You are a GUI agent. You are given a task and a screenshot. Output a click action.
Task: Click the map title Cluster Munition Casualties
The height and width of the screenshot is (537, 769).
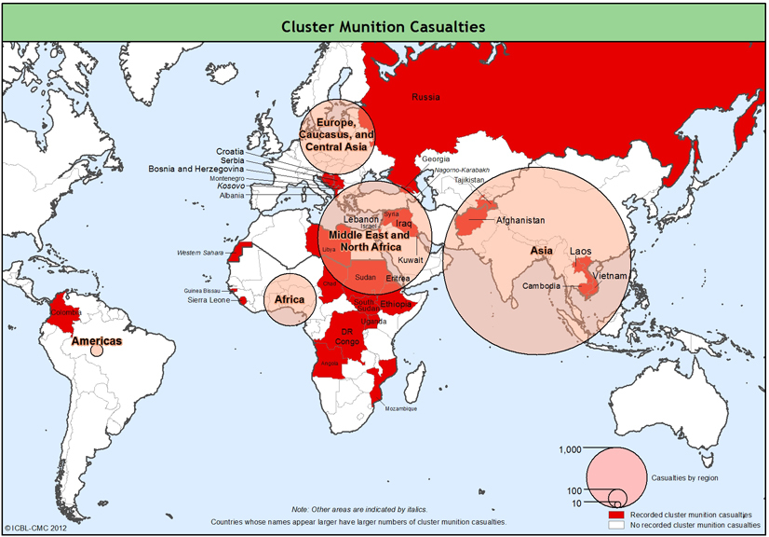pos(384,27)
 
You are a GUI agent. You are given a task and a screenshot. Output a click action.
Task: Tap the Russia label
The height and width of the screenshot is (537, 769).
pos(425,97)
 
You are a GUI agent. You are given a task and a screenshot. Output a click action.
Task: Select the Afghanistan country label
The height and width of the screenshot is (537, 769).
pos(520,221)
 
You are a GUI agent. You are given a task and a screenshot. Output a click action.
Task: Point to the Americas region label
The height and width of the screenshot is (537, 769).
pos(98,341)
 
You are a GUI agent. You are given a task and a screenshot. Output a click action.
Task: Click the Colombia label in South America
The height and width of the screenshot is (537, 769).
pos(66,312)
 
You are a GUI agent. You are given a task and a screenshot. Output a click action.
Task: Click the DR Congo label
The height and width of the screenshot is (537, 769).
pos(348,337)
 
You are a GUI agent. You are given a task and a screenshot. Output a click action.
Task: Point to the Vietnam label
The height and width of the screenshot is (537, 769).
pos(610,277)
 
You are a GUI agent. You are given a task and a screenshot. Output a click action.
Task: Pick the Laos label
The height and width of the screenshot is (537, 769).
pos(580,252)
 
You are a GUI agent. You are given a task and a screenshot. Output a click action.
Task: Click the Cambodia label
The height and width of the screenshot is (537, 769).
pos(541,286)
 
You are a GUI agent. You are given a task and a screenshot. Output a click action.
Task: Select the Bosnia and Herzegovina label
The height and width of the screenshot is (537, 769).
pos(196,169)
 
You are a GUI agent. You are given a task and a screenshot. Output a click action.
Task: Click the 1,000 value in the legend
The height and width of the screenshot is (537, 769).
pos(570,450)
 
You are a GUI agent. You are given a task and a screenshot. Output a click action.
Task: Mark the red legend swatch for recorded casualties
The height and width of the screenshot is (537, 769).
pos(614,515)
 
